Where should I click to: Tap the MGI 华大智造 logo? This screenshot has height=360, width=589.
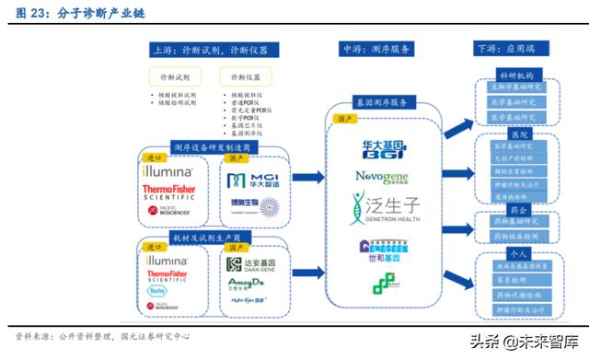pos(253,179)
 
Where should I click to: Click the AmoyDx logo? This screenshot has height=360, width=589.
pos(248,283)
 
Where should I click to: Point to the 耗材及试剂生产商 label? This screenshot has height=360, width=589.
pos(207,238)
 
